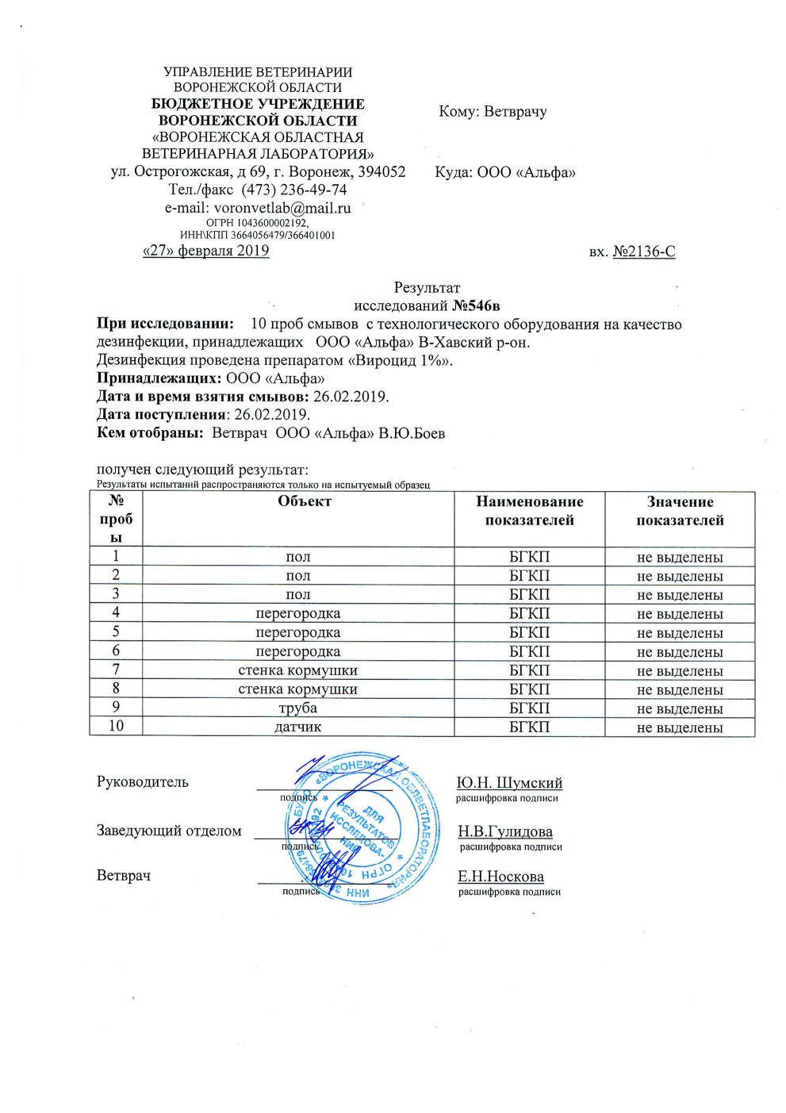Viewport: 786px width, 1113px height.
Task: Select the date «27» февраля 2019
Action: point(205,251)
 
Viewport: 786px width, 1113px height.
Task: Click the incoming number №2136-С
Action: point(644,251)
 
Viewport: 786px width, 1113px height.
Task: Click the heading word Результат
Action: point(427,287)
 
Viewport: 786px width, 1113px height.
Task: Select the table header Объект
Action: point(304,501)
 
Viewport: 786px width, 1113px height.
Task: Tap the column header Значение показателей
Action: point(680,511)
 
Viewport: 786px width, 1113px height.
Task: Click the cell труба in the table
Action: point(297,708)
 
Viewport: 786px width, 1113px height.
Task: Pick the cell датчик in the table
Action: point(297,727)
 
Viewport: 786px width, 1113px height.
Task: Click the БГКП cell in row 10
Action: point(529,727)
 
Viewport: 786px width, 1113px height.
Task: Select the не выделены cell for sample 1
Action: point(680,557)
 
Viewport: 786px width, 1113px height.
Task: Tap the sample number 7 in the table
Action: point(116,670)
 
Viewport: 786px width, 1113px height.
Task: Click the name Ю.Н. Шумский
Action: point(509,783)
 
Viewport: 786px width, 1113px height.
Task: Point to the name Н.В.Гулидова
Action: point(505,831)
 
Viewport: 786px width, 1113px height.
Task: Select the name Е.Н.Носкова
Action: point(500,877)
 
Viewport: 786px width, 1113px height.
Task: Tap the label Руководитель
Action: point(143,782)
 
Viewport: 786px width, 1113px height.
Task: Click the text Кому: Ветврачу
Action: point(493,112)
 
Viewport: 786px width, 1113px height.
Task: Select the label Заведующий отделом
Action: point(169,831)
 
